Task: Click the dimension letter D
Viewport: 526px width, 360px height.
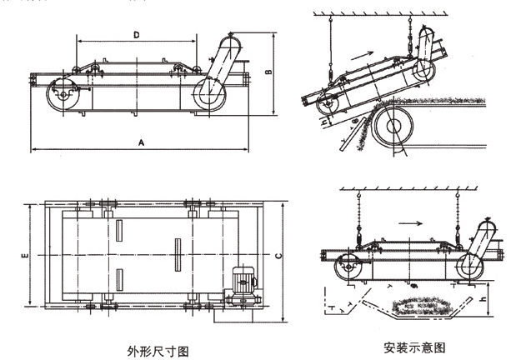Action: click(x=137, y=34)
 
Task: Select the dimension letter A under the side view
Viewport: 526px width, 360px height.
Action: click(x=142, y=143)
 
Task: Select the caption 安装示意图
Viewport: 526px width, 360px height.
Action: click(x=414, y=345)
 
